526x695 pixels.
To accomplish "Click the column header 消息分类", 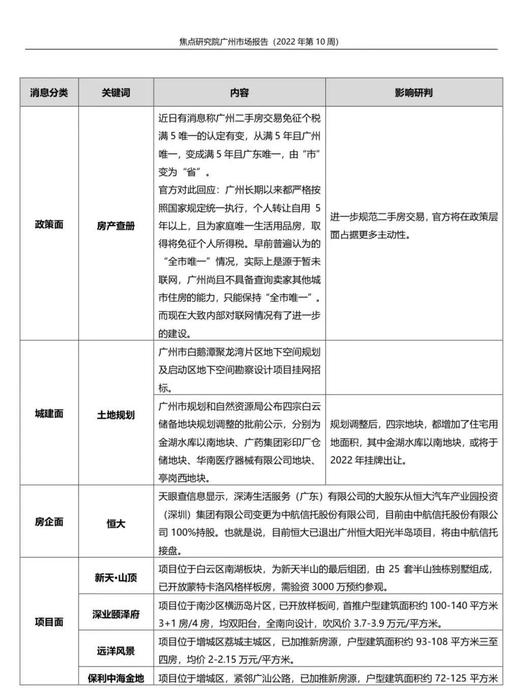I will [49, 93].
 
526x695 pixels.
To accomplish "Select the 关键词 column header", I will [116, 93].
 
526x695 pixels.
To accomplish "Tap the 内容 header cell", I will [239, 93].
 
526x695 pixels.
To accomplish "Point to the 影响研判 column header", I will [414, 93].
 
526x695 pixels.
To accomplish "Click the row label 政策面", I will [49, 225].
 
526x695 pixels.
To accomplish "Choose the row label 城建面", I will [49, 414].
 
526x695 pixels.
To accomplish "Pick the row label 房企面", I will [49, 522].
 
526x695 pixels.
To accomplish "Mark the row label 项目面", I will [49, 622].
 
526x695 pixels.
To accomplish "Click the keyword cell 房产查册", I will [116, 226].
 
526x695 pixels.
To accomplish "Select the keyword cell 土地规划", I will [116, 415].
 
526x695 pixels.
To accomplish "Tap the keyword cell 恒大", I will [116, 523].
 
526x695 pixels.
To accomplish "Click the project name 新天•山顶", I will [116, 578].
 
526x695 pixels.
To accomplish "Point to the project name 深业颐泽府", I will [116, 614].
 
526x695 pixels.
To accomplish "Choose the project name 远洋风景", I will [116, 651].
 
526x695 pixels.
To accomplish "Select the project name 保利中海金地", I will [116, 678].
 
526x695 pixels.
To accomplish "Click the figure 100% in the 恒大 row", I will [184, 533].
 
